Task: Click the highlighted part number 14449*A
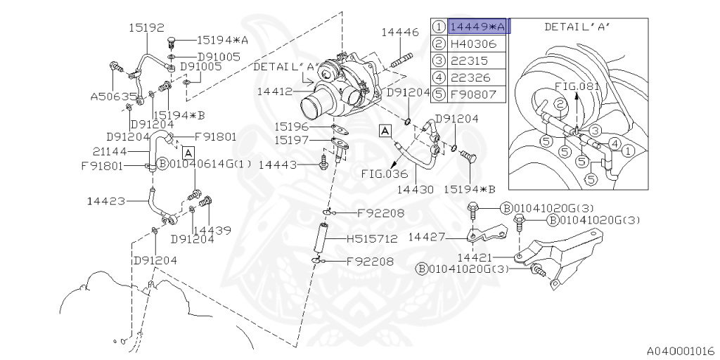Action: [x=477, y=27]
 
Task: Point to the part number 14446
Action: [x=400, y=32]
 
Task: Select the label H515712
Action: [x=372, y=239]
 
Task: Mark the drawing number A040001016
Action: [x=681, y=349]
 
